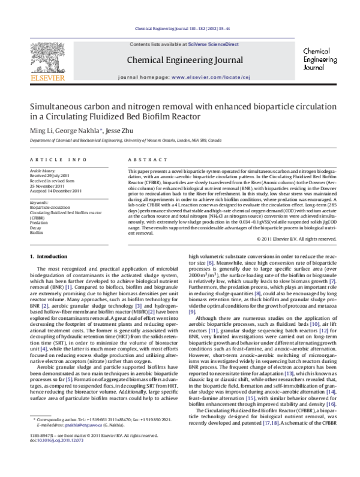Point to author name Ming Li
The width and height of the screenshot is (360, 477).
tap(40, 131)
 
